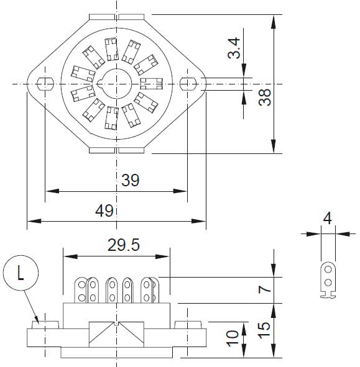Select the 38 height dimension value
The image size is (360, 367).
point(265,96)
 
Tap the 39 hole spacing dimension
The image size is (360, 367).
point(130,180)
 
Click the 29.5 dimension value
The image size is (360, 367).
point(123,245)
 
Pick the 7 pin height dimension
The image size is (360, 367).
point(264,289)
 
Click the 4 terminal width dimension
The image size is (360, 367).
point(327,219)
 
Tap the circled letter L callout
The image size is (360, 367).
point(21,274)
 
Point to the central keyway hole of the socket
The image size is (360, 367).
point(116,83)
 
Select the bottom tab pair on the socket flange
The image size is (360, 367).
point(116,150)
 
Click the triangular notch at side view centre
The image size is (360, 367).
point(116,324)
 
